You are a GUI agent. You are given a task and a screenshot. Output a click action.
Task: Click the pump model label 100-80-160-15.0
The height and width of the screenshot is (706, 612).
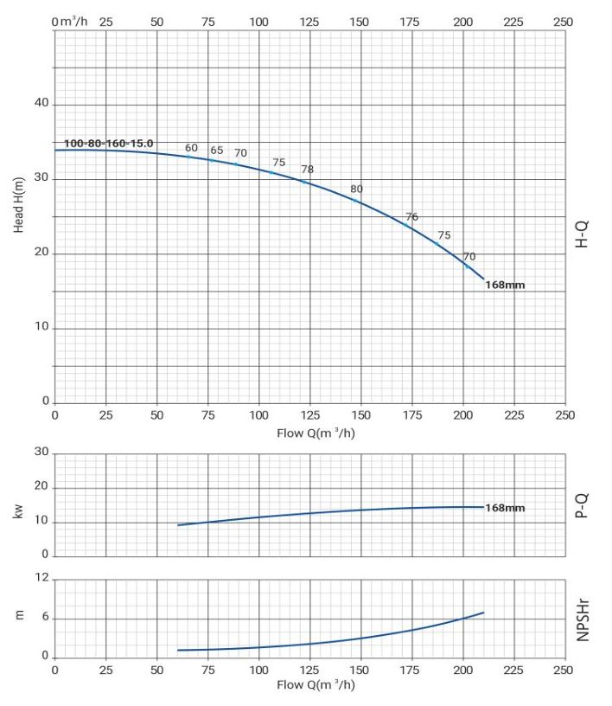tap(108, 143)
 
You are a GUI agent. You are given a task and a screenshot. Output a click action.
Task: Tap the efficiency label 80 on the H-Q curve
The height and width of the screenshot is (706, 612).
tap(356, 189)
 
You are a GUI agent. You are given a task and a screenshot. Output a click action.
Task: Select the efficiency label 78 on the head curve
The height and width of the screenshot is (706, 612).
tap(308, 169)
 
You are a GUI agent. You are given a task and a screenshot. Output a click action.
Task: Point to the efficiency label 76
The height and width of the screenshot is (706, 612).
tap(411, 216)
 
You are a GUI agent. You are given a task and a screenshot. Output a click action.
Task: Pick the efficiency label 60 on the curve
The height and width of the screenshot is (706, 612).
tap(191, 148)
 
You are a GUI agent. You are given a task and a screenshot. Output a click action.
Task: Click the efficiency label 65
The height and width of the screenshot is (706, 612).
tap(216, 150)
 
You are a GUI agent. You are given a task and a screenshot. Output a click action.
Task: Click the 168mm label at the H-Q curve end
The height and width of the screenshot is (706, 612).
tap(505, 285)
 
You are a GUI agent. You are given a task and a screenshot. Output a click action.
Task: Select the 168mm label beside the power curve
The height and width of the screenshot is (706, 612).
tap(505, 507)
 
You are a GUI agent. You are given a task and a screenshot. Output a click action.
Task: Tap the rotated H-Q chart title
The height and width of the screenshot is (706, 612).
tap(582, 234)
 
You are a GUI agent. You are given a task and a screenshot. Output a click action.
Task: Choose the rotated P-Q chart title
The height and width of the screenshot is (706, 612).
tap(582, 505)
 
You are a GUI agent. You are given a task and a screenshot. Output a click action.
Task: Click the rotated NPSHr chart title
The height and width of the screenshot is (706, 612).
tap(583, 619)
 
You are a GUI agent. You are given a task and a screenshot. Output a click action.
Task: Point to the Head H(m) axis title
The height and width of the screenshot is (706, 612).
tap(18, 205)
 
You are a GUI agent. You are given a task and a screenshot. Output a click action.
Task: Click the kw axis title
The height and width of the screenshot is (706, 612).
tap(18, 511)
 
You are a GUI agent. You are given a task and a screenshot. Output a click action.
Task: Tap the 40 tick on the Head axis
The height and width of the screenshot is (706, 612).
tap(41, 103)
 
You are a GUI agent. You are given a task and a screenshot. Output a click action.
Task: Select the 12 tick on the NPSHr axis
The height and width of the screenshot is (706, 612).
tap(41, 577)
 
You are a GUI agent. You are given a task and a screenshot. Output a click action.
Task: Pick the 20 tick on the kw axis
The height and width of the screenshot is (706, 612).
tap(41, 486)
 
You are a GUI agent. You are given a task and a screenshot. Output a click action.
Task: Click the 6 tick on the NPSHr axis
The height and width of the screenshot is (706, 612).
tap(45, 617)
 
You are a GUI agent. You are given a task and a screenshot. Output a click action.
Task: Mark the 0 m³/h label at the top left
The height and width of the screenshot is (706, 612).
tap(69, 21)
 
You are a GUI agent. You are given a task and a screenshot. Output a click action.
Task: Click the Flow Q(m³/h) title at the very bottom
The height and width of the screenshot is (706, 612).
tap(316, 684)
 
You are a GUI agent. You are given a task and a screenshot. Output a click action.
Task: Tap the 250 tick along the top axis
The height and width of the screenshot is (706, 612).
tap(564, 22)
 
